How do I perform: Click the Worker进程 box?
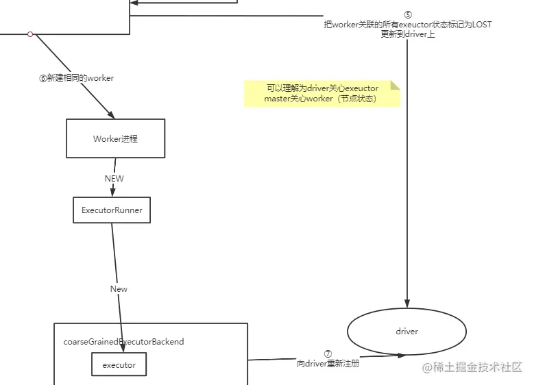[115, 138]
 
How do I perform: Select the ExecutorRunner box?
[112, 210]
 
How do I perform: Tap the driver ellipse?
[406, 332]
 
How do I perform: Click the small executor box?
[119, 365]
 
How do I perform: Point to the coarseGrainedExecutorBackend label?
[123, 341]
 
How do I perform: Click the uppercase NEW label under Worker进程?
[114, 178]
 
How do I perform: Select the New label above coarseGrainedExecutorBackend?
[119, 289]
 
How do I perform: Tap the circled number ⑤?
[408, 14]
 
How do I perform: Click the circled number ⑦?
[328, 354]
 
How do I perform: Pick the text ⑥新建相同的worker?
[76, 78]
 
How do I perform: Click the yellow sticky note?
[321, 94]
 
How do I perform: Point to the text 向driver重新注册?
[328, 364]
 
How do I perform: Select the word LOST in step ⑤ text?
[481, 25]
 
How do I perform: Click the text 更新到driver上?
[407, 34]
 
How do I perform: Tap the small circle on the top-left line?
[30, 34]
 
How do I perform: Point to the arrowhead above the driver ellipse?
[408, 304]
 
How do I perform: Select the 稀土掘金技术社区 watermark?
[472, 368]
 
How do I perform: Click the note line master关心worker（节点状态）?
[321, 99]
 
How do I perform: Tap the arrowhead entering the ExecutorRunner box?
[112, 193]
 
